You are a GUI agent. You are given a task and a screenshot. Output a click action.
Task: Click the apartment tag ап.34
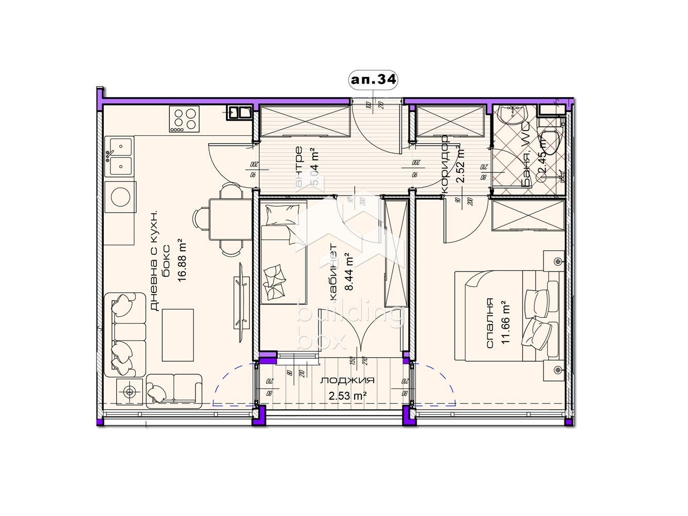(x=374, y=80)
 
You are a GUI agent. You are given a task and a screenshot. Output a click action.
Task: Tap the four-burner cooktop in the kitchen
(x=184, y=120)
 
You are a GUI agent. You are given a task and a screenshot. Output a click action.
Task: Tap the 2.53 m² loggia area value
(x=347, y=396)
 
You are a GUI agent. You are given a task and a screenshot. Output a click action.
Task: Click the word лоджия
(x=347, y=381)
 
